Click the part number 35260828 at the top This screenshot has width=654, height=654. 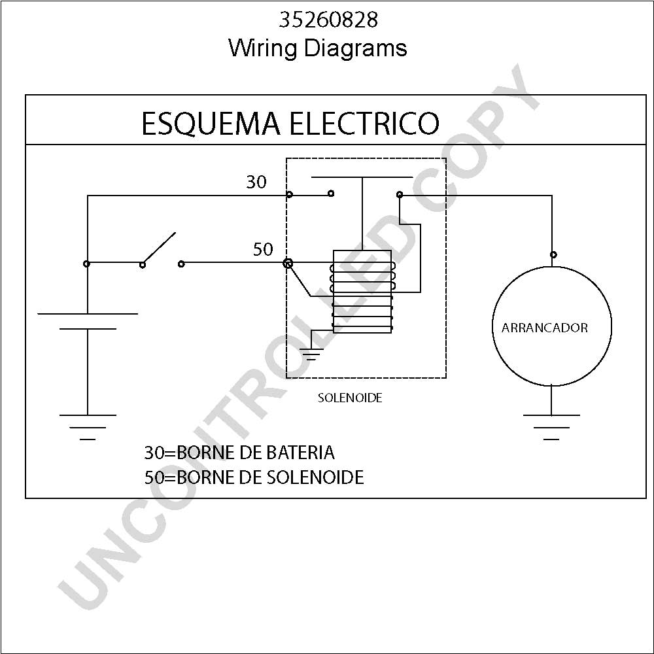[328, 20]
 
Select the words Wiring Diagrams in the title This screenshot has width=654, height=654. [318, 48]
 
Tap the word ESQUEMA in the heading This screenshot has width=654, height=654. [211, 124]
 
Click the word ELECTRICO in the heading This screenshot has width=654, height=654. [364, 123]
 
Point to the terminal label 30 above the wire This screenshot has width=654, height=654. [256, 182]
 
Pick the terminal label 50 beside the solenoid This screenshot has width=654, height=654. [263, 249]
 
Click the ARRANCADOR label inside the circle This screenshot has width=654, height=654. [544, 328]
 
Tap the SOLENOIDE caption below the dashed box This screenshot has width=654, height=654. [350, 398]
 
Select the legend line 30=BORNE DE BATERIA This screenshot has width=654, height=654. [239, 453]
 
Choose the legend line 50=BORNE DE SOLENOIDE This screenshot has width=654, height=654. [254, 477]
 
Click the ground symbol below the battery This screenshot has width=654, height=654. [88, 427]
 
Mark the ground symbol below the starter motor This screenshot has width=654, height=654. [551, 427]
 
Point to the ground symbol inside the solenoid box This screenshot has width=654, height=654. [311, 354]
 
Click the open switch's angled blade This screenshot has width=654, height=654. [159, 248]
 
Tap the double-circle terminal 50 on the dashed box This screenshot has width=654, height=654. [288, 263]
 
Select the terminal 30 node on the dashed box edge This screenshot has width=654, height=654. [290, 194]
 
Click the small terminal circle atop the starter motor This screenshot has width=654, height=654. [553, 254]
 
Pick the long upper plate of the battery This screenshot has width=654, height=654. [88, 314]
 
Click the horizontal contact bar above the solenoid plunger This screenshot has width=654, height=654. [362, 177]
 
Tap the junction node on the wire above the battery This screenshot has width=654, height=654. [86, 264]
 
